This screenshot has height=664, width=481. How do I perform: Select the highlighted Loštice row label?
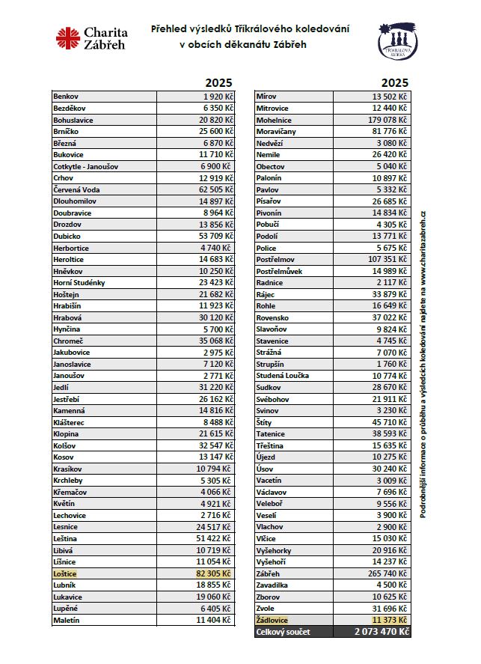coord(65,573)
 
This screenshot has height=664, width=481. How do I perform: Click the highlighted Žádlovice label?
coord(272,620)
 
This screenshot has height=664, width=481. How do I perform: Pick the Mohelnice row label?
coord(274,120)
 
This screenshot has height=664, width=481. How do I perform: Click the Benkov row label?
coord(66,97)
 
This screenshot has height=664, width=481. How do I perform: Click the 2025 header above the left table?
coord(218,82)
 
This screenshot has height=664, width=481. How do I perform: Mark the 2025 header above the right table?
coord(394,82)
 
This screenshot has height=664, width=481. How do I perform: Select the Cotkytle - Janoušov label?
coord(86,166)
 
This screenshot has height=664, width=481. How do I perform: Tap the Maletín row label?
coord(67,620)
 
